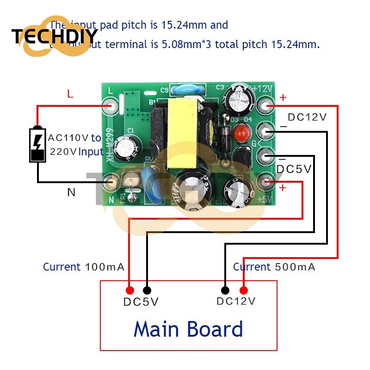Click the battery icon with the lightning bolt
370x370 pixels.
click(x=38, y=144)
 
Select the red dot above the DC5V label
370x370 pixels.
click(x=130, y=290)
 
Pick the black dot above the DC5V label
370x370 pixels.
click(x=147, y=290)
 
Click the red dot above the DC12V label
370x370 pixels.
click(x=243, y=290)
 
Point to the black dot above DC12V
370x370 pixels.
click(x=225, y=290)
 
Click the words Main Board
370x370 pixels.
click(x=188, y=329)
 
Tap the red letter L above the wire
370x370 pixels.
click(x=70, y=94)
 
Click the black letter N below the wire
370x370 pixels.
click(x=71, y=192)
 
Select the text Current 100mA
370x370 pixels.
click(x=83, y=267)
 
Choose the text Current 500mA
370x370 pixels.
click(x=274, y=267)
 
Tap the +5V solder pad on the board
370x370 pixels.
click(x=266, y=182)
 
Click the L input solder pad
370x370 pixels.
click(x=111, y=107)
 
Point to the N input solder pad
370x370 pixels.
click(x=111, y=181)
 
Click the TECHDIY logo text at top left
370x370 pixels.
click(x=55, y=36)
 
